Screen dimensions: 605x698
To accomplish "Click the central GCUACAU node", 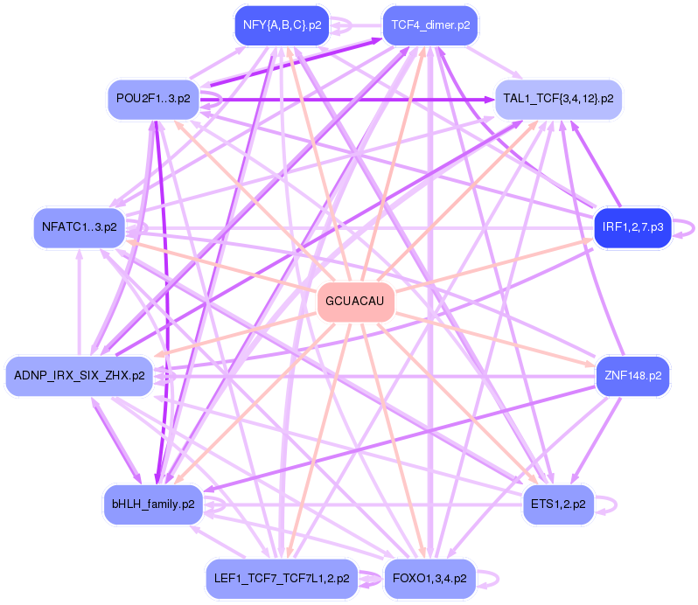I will [x=354, y=302].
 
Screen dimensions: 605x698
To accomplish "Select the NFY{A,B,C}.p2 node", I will [x=281, y=26].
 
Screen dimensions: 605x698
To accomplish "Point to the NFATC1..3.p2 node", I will [x=79, y=228].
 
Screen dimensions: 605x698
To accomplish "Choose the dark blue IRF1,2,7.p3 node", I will [x=632, y=228].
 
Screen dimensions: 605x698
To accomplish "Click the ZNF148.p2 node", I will [x=632, y=375].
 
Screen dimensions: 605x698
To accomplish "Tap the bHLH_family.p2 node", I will [x=153, y=504].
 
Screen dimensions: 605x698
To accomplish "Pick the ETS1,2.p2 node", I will [x=558, y=504].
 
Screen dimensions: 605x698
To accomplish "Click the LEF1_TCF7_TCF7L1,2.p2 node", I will [x=281, y=578].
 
